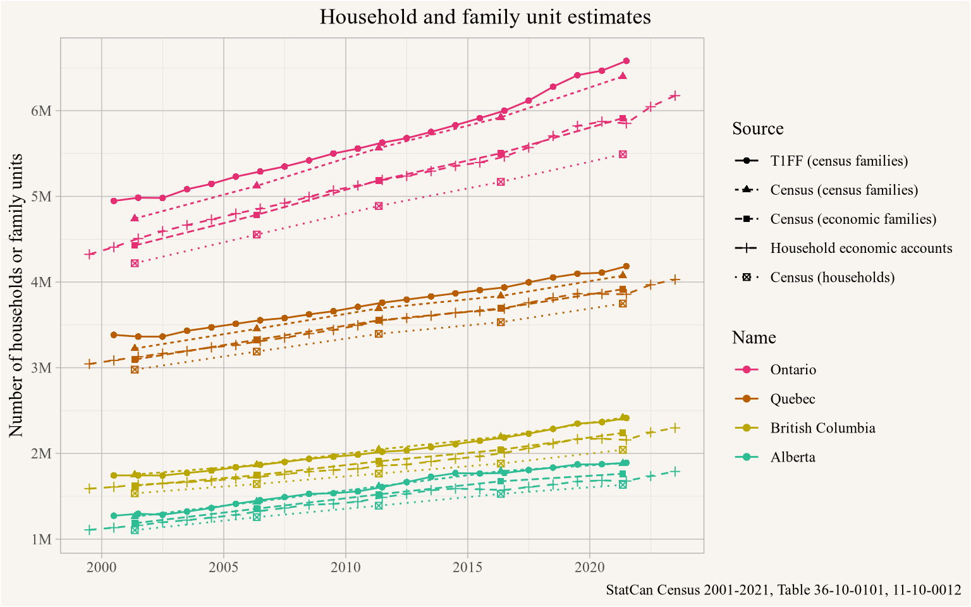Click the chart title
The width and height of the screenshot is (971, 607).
point(485,17)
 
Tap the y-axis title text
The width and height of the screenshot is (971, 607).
point(17,295)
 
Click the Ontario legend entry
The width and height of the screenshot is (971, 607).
point(793,370)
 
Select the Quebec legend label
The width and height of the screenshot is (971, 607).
point(792,399)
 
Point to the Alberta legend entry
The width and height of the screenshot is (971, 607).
point(793,457)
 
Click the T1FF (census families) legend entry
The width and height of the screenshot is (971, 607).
point(839,161)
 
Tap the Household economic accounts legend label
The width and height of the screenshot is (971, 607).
point(861,248)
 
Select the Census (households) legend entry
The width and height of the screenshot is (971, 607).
point(832,278)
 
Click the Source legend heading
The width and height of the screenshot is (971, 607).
point(757,129)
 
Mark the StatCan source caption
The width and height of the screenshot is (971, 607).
point(783,591)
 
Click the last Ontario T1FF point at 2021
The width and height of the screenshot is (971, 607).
point(626,61)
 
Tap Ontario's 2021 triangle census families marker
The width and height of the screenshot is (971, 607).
point(623,76)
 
